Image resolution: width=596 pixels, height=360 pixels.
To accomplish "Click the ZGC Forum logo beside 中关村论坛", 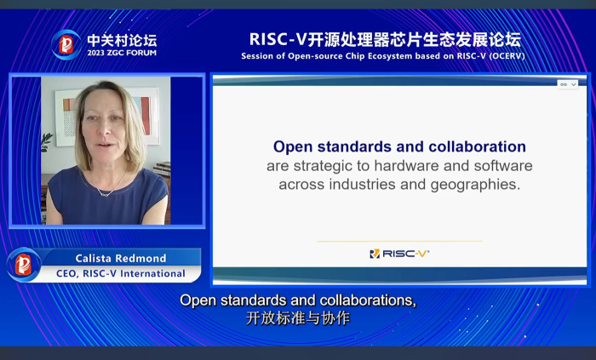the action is (x=66, y=44).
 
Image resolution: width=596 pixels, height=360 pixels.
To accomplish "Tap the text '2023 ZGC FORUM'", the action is (x=122, y=53).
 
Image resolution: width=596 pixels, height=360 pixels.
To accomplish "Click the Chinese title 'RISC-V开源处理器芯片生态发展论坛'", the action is (x=385, y=39).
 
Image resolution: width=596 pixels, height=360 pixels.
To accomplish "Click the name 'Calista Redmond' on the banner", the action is (x=121, y=258).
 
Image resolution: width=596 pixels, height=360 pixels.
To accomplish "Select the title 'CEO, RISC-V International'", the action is (x=121, y=273).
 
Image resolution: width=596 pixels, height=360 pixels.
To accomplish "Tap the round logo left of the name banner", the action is (x=23, y=265).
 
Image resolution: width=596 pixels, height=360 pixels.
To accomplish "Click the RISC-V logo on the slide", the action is (x=399, y=254).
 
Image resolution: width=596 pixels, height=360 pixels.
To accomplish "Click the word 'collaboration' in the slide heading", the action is (x=478, y=146).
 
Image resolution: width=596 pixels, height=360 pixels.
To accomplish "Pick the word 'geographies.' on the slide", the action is (x=475, y=185).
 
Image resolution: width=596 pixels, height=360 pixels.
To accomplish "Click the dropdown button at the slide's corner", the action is (x=568, y=84).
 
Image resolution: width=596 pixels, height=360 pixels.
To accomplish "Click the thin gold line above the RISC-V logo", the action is (x=399, y=241).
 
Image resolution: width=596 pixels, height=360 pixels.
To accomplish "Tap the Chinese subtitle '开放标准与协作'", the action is (x=298, y=318).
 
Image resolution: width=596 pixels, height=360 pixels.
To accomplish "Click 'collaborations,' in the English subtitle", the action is (x=368, y=300).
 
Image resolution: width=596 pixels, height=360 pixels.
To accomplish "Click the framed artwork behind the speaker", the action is (x=106, y=117).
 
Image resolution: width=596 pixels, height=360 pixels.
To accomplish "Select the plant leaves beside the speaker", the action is (x=46, y=142).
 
